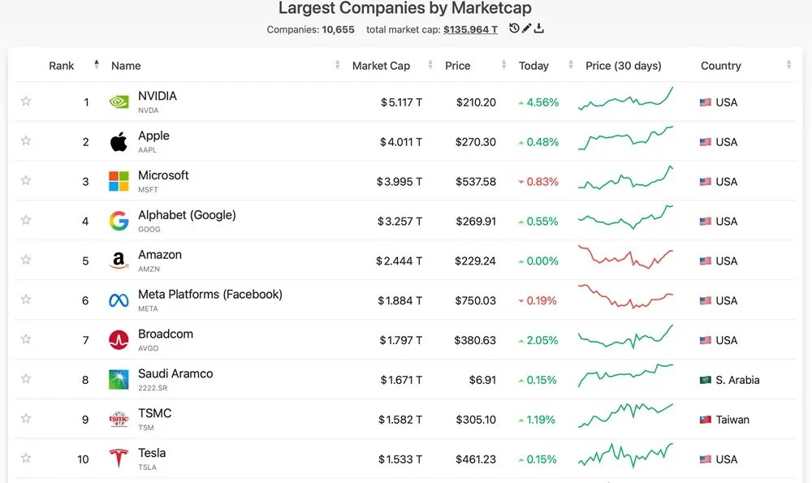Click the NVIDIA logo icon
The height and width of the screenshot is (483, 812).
[119, 102]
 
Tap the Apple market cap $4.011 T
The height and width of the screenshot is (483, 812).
[400, 142]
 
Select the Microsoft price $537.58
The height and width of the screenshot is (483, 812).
[477, 182]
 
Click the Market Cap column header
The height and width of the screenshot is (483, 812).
[381, 66]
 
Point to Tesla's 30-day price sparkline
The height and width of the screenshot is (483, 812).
[625, 455]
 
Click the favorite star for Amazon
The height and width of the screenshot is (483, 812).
[26, 260]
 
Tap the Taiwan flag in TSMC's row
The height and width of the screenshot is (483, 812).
[706, 420]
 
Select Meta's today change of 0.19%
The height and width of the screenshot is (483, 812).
[538, 300]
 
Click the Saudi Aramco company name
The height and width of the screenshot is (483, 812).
[175, 373]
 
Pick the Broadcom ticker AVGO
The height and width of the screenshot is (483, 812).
[148, 348]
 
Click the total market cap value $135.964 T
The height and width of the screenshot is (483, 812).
[470, 29]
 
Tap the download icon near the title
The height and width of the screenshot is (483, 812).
[538, 28]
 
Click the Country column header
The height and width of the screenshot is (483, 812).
[721, 66]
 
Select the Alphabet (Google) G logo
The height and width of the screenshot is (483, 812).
[119, 221]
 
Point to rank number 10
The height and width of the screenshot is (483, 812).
[83, 459]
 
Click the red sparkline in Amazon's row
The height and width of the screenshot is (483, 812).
[625, 257]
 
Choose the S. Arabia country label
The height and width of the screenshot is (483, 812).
[737, 380]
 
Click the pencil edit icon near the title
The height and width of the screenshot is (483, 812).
[526, 28]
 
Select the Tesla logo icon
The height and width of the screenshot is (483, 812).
[119, 458]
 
